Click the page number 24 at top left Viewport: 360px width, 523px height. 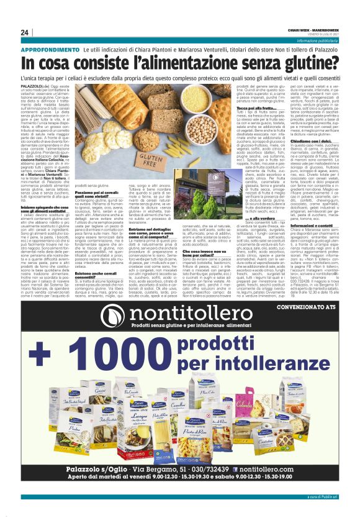pyautogui.click(x=25, y=32)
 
